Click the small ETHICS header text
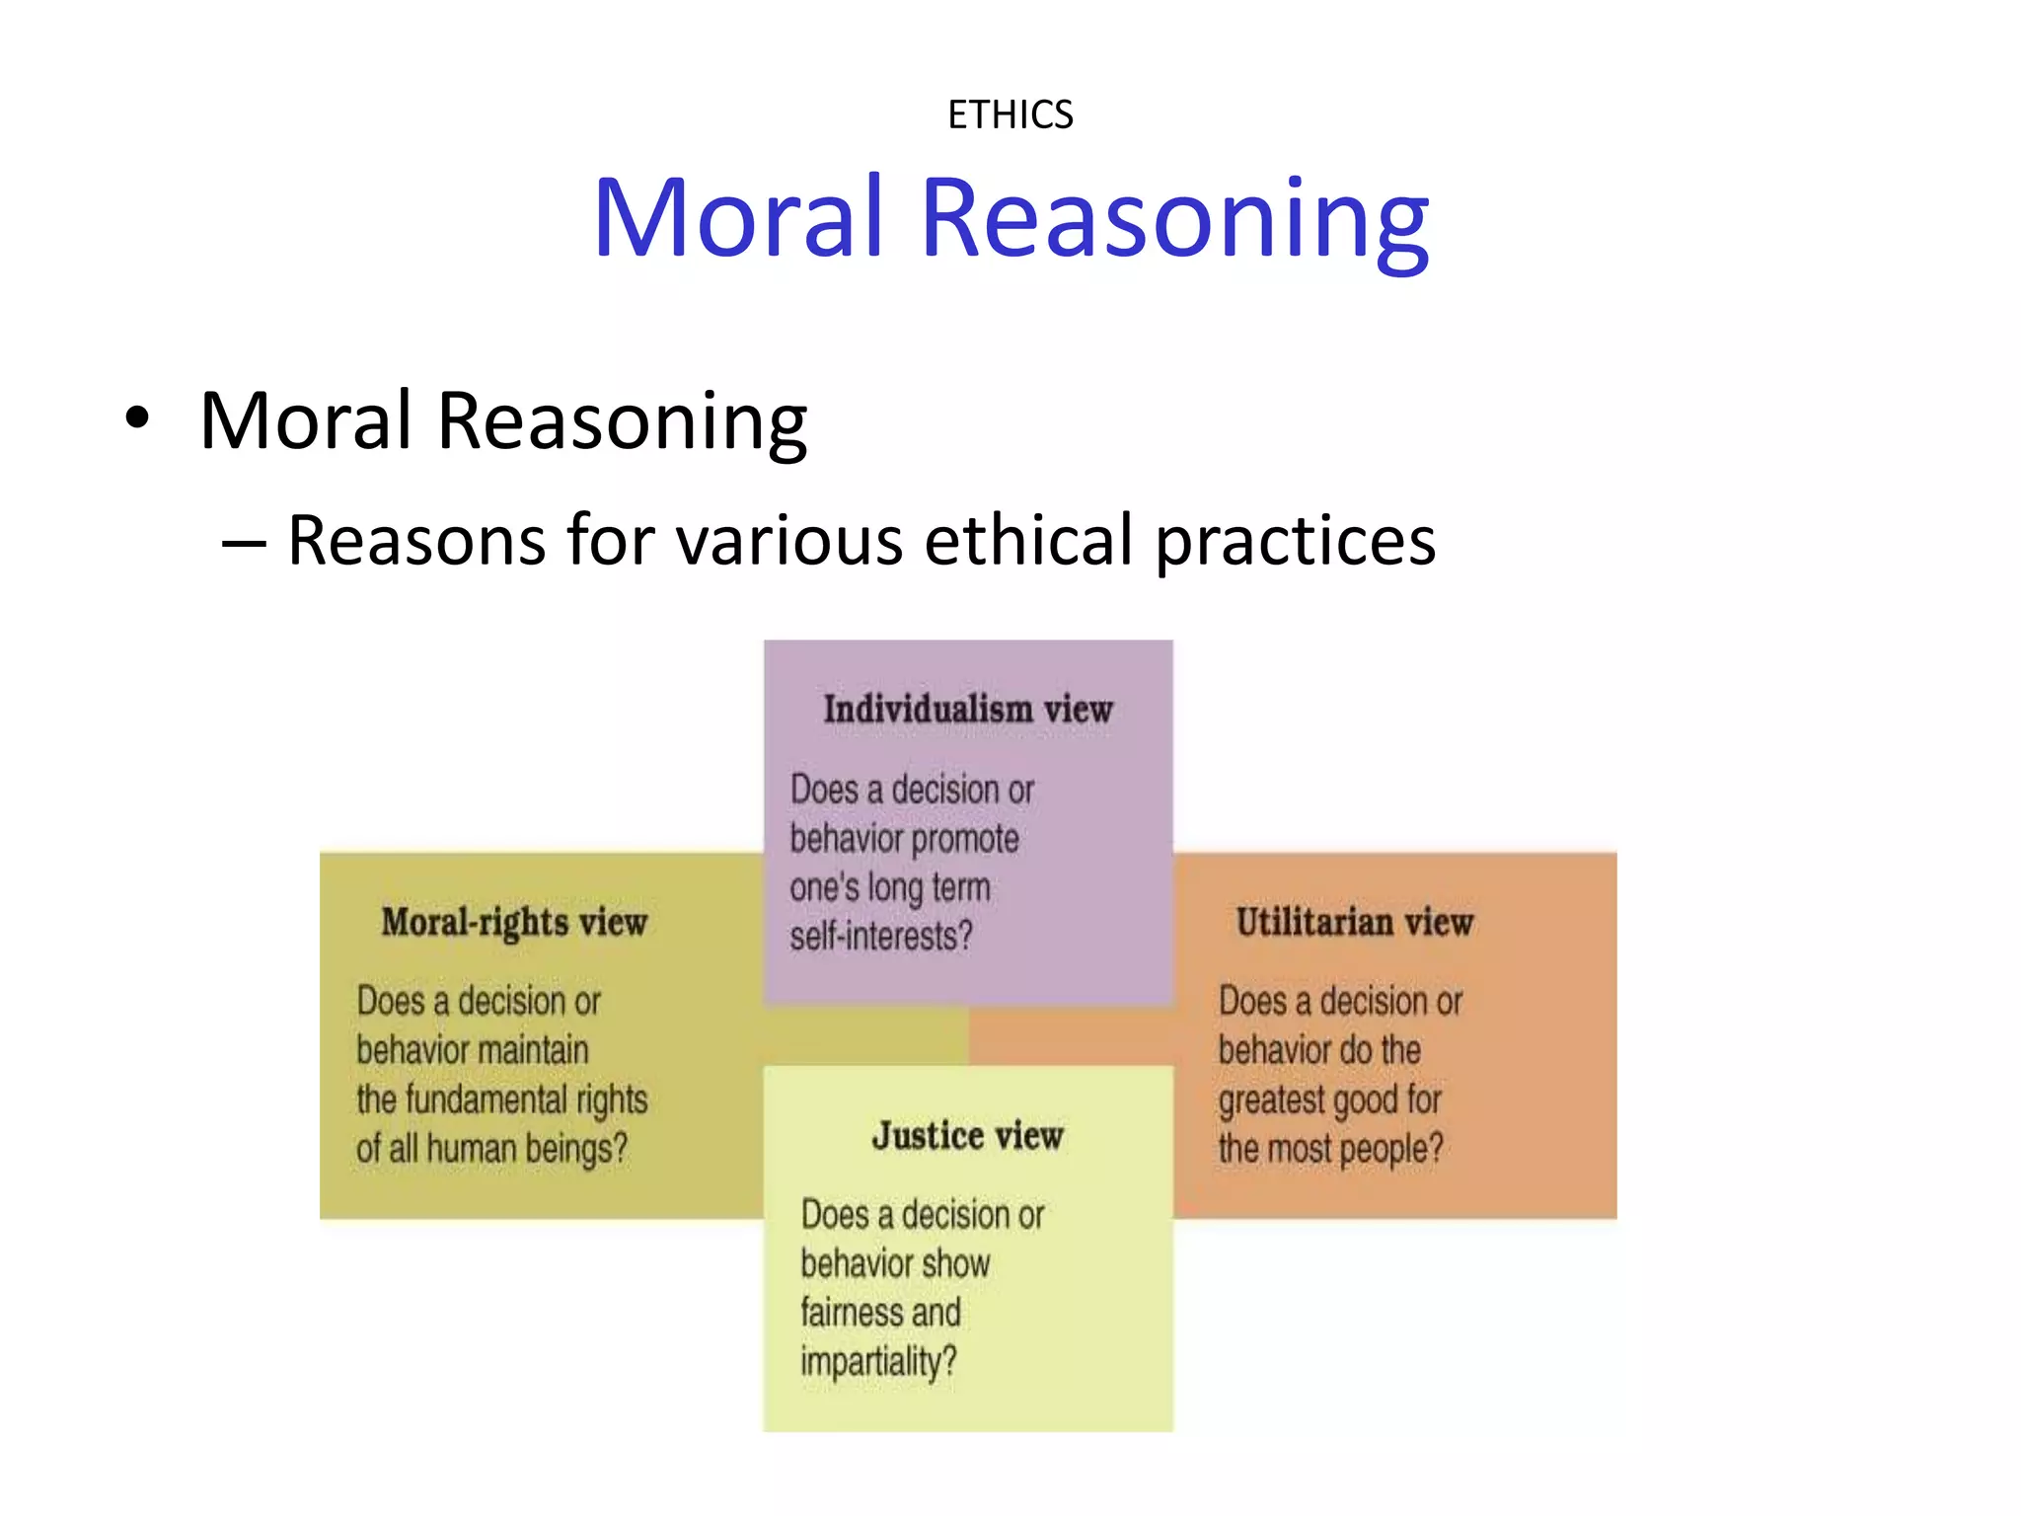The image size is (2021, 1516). pyautogui.click(x=1010, y=115)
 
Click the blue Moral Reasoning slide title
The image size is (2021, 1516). pyautogui.click(x=1010, y=218)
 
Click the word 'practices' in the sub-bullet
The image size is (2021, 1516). pyautogui.click(x=1295, y=542)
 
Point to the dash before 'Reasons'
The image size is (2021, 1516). pyautogui.click(x=244, y=542)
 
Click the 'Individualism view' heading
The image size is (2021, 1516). pyautogui.click(x=967, y=709)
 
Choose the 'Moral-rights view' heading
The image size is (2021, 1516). pyautogui.click(x=514, y=922)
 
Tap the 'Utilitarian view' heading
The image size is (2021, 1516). pyautogui.click(x=1354, y=922)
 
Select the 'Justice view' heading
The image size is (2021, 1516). pyautogui.click(x=967, y=1135)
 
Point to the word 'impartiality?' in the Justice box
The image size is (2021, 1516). pyautogui.click(x=878, y=1362)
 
